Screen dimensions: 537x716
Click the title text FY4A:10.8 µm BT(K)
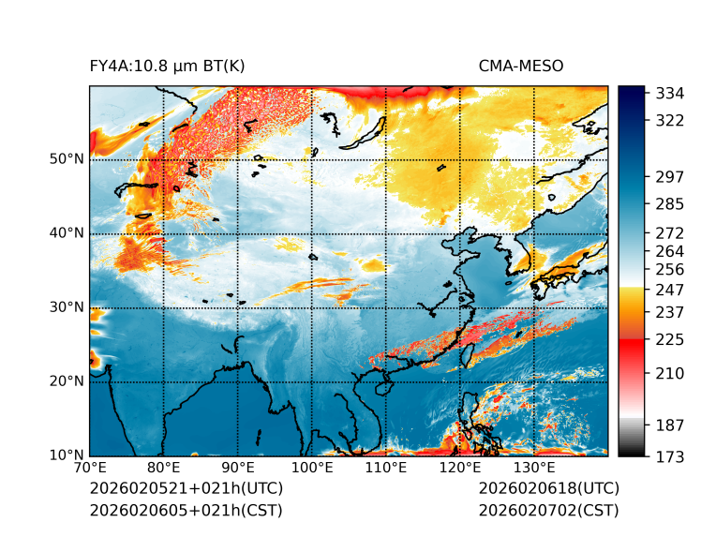pos(167,66)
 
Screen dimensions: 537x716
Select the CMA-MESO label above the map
pos(520,66)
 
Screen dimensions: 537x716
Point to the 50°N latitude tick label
pos(67,159)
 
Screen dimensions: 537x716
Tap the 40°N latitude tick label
pos(67,233)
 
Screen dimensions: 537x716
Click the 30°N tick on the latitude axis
pos(67,307)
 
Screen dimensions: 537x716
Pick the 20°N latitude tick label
pos(67,381)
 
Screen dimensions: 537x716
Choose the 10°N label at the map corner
pos(67,455)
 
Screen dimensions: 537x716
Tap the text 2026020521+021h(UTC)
pos(186,489)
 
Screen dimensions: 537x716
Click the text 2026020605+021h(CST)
pos(186,511)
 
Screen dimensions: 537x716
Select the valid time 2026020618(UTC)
pos(548,489)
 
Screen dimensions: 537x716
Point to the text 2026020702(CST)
pos(548,511)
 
